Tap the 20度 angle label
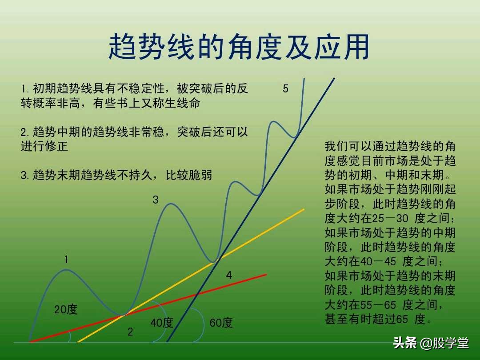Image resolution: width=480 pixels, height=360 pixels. pos(66,309)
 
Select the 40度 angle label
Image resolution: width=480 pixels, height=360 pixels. pos(162,323)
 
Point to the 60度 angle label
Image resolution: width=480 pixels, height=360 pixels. pos(221,323)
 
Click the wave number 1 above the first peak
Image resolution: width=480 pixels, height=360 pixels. pos(66,260)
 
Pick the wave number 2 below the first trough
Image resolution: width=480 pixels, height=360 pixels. pos(130,332)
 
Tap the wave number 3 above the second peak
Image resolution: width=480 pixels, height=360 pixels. pos(156,200)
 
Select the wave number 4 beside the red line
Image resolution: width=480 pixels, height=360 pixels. pos(229,276)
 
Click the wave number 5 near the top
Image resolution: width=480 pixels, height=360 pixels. pos(286,89)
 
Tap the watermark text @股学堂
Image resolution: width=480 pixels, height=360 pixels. pos(444,343)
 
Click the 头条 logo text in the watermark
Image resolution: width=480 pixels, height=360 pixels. pos(405,343)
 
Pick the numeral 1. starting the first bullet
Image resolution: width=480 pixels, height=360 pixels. pos(24,89)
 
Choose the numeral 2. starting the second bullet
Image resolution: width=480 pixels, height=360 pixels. pos(24,132)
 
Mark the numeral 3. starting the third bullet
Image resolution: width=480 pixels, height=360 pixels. pos(24,176)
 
